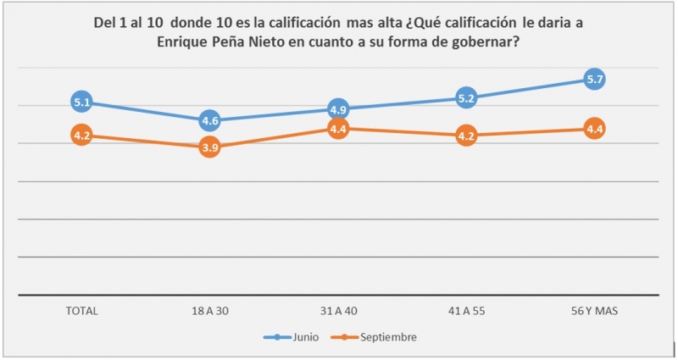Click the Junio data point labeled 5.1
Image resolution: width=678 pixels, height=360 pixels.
82,102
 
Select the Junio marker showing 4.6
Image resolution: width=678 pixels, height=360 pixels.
210,121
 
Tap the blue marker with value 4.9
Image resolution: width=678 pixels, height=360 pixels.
338,109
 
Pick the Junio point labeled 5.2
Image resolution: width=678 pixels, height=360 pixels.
466,98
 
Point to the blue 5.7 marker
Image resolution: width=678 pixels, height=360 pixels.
595,80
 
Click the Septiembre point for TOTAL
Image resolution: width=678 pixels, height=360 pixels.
82,136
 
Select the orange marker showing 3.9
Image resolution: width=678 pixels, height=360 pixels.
210,147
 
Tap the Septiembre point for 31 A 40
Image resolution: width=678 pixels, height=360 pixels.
338,129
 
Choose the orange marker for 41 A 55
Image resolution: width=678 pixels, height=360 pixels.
466,136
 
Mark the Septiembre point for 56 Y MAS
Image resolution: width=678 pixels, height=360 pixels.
595,129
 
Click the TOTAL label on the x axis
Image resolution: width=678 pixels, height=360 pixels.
82,311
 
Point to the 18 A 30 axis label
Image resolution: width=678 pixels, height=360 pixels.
210,311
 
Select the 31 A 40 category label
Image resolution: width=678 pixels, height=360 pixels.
338,311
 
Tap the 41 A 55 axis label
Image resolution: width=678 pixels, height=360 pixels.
466,311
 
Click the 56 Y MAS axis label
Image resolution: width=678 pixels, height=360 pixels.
595,311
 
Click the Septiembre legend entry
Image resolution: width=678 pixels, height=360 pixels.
388,337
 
